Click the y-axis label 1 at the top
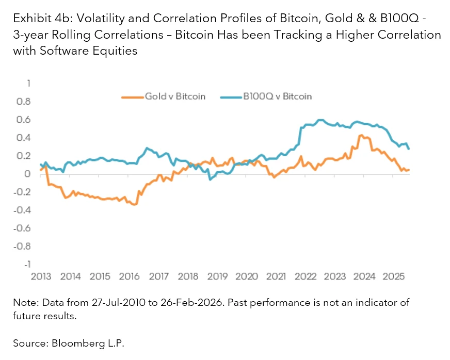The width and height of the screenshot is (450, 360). [29, 84]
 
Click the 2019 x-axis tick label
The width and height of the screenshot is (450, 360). [217, 276]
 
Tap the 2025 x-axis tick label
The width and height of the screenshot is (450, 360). [394, 276]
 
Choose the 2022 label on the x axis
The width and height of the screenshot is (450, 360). [306, 276]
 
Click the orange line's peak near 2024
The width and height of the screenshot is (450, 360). [361, 135]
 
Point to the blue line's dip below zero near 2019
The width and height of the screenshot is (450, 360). [210, 179]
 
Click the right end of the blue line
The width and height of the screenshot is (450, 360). [409, 149]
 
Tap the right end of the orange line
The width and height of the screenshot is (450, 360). [409, 170]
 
